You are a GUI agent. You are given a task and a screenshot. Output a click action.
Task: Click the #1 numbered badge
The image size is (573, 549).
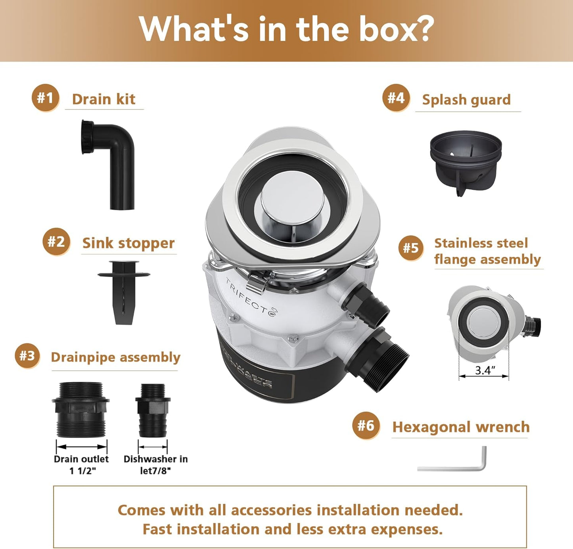(45, 98)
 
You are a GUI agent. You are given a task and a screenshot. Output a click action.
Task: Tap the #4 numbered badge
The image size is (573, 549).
(396, 98)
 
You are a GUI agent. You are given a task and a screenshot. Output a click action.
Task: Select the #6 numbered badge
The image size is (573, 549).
(366, 426)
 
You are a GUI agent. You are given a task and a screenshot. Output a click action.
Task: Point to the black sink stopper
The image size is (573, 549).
(124, 292)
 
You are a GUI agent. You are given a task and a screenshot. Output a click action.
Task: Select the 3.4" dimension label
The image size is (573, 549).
(485, 370)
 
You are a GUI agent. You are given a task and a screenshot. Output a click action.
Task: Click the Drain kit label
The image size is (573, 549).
(103, 99)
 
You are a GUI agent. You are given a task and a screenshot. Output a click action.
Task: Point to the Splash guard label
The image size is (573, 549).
(466, 100)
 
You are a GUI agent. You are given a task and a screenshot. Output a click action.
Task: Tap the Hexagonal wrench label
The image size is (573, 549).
(461, 427)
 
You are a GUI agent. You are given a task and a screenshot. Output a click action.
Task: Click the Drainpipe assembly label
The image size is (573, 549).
(115, 357)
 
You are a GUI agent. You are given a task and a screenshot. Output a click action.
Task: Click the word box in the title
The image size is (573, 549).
(396, 29)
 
